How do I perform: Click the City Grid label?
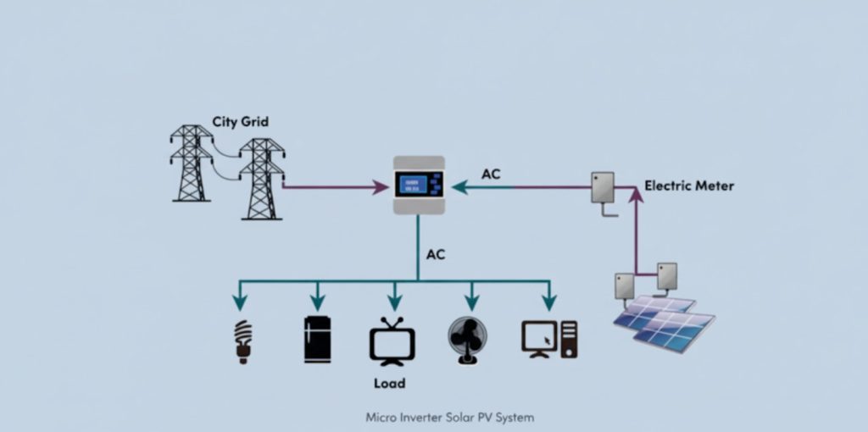[240, 122]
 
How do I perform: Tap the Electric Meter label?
[689, 185]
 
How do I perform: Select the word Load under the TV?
[389, 383]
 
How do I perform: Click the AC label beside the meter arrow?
[491, 174]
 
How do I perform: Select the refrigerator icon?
[317, 340]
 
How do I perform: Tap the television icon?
[392, 341]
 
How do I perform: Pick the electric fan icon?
[468, 341]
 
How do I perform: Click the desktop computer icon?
[548, 340]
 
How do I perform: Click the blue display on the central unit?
[410, 185]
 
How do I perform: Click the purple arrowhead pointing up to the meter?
[636, 197]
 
